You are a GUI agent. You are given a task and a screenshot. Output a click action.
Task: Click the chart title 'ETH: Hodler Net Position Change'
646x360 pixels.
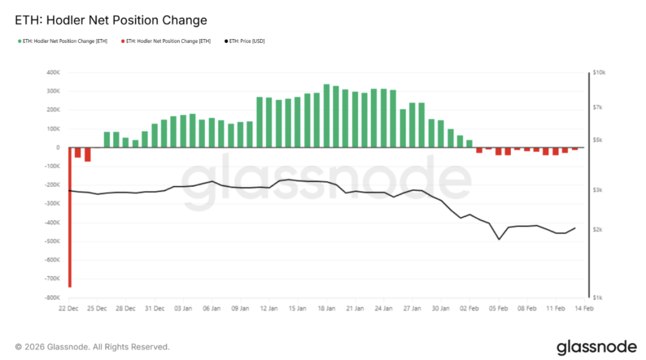click(x=110, y=20)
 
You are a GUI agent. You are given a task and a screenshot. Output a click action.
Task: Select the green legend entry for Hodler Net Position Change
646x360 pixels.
click(x=62, y=41)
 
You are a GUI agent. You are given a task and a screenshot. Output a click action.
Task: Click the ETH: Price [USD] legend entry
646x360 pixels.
click(x=247, y=41)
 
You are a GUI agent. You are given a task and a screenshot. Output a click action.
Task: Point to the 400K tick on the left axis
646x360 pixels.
click(x=52, y=73)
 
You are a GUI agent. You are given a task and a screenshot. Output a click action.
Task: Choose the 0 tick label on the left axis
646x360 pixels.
click(x=57, y=148)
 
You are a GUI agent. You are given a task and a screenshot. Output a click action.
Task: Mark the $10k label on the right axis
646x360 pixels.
click(x=597, y=73)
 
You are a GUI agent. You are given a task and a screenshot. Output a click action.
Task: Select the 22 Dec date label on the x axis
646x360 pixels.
click(x=68, y=309)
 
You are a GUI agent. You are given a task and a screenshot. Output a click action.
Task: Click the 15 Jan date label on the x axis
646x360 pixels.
click(x=297, y=309)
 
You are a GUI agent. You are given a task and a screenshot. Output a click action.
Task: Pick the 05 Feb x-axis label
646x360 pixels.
click(x=499, y=309)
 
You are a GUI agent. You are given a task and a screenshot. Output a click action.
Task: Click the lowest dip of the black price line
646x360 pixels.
click(x=499, y=239)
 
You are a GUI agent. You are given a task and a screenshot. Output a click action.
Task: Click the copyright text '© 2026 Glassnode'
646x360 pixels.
click(x=92, y=347)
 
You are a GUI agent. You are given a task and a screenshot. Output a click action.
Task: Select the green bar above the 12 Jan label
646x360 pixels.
click(x=259, y=122)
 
